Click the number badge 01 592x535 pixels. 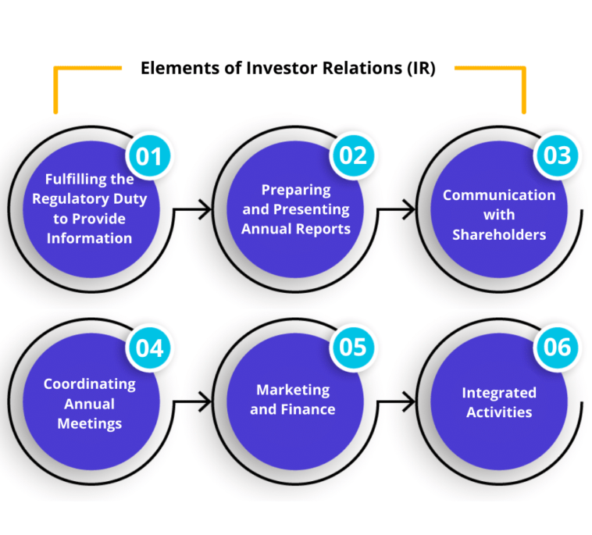pyautogui.click(x=149, y=155)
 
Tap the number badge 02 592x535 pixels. pyautogui.click(x=353, y=155)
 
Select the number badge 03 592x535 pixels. pyautogui.click(x=557, y=155)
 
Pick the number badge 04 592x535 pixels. pyautogui.click(x=149, y=347)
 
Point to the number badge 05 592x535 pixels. pyautogui.click(x=353, y=347)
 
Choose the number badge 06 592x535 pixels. pyautogui.click(x=557, y=347)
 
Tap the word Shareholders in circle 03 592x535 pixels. pyautogui.click(x=499, y=234)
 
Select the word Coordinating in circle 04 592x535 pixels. pyautogui.click(x=89, y=384)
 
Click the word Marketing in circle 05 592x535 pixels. pyautogui.click(x=293, y=390)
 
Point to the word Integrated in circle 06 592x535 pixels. pyautogui.click(x=499, y=393)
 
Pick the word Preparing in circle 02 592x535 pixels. pyautogui.click(x=296, y=190)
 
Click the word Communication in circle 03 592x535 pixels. pyautogui.click(x=499, y=195)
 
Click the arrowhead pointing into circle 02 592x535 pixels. pyautogui.click(x=206, y=209)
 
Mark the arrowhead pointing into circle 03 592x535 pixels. pyautogui.click(x=410, y=209)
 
